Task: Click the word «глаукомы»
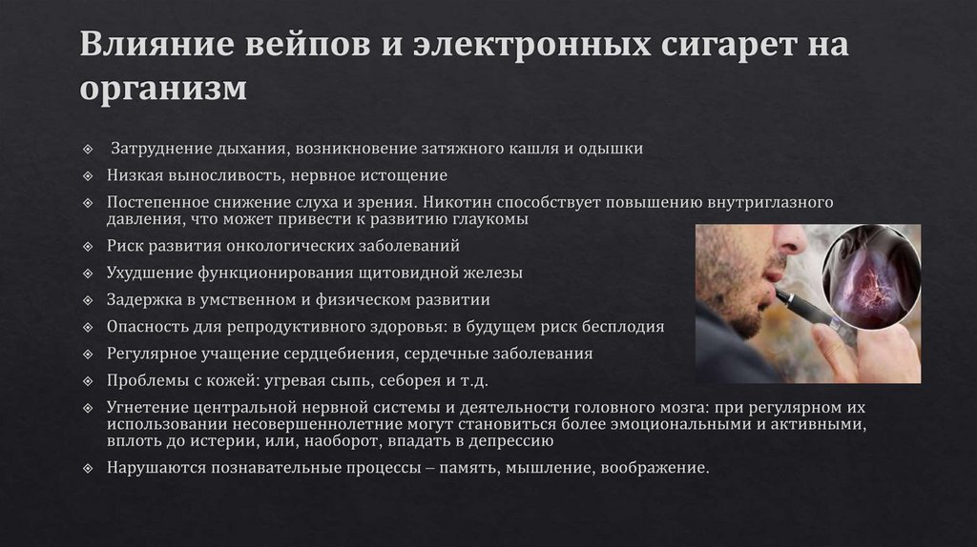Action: click(487, 219)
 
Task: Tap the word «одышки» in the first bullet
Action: click(613, 149)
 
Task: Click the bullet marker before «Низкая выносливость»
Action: click(88, 176)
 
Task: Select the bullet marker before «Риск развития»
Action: click(88, 246)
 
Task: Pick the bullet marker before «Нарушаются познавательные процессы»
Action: click(88, 469)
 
